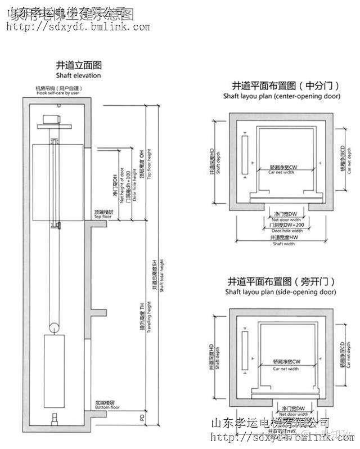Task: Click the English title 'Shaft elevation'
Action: [78, 75]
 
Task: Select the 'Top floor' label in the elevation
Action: [104, 216]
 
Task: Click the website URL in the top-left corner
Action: [77, 26]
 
